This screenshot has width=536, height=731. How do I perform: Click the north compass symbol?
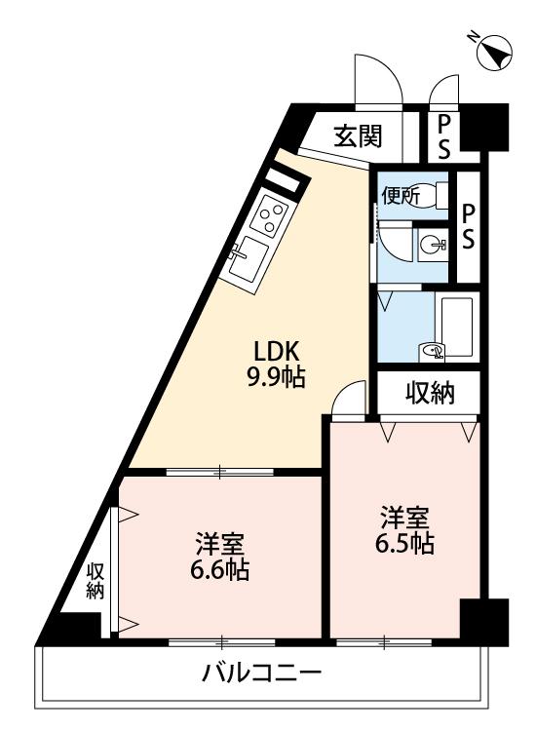click(x=494, y=53)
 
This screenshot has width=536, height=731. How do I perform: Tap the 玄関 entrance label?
click(x=358, y=136)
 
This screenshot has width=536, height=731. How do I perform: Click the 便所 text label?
click(x=401, y=196)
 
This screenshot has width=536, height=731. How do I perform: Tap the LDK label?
click(x=276, y=352)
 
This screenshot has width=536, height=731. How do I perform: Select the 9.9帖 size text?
click(x=276, y=377)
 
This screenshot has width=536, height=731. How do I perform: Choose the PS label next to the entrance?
click(x=444, y=137)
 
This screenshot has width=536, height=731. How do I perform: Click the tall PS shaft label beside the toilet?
click(x=468, y=226)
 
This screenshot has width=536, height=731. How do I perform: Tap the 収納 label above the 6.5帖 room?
click(x=429, y=393)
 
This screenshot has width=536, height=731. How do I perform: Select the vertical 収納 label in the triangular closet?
click(x=96, y=581)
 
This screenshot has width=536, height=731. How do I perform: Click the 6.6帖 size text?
click(x=219, y=569)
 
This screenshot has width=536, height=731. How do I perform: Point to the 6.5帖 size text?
click(x=404, y=543)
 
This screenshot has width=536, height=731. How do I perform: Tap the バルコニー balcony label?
click(x=261, y=673)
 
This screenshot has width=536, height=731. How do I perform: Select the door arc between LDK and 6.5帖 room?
click(x=349, y=397)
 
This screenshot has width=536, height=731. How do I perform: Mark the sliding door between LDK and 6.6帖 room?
click(x=220, y=472)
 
